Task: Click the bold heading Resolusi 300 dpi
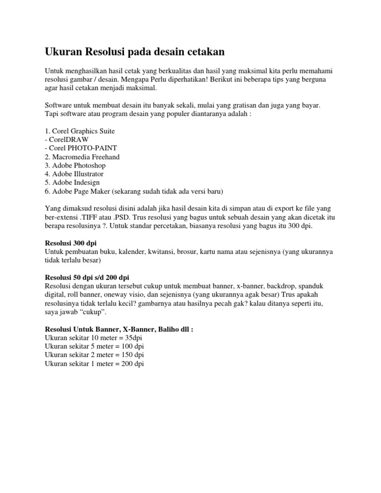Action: click(x=70, y=243)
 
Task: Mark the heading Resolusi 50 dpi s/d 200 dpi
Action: click(x=87, y=277)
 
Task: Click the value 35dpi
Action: click(x=131, y=338)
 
